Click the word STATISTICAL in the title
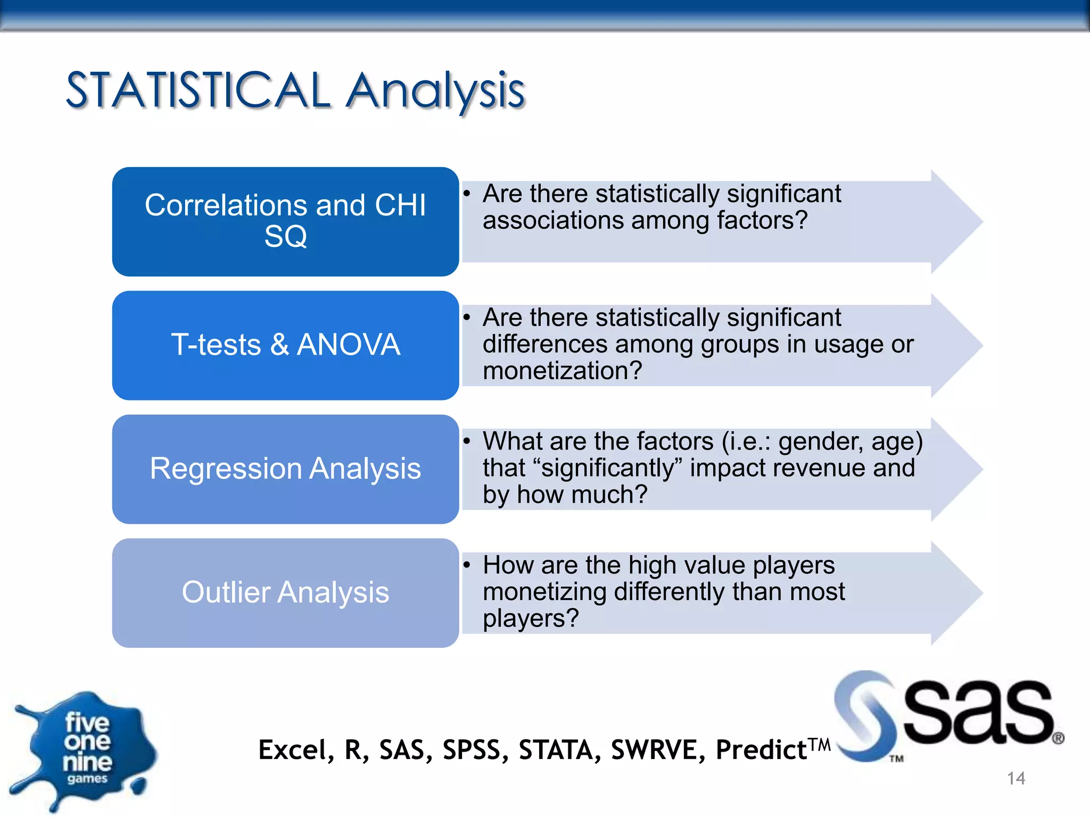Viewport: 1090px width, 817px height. tap(198, 90)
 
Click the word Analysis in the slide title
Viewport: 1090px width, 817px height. tap(435, 91)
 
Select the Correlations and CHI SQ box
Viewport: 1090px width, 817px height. tap(285, 221)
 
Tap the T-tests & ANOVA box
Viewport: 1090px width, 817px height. tap(285, 345)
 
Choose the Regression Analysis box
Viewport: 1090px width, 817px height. tap(285, 469)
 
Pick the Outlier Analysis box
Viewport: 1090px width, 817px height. tap(285, 593)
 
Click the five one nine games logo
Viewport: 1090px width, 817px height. tap(85, 750)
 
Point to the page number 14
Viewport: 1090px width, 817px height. tap(1015, 778)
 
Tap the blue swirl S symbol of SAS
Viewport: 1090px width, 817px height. tap(865, 715)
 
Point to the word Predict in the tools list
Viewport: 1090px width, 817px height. tap(761, 750)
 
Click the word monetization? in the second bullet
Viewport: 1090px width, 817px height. tap(562, 371)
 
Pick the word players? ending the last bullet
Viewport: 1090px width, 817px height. tap(530, 619)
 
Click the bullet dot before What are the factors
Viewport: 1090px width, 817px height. tap(467, 441)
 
